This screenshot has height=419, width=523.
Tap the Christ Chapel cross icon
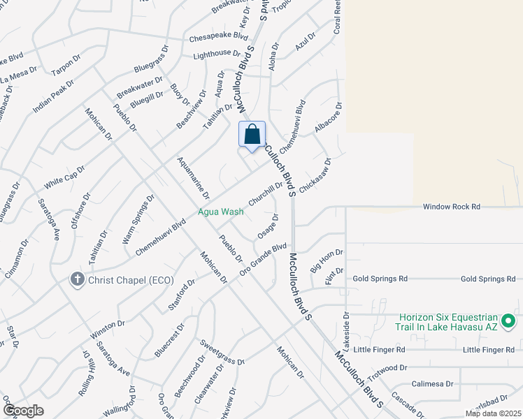(78, 280)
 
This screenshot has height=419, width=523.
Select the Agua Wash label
(220, 211)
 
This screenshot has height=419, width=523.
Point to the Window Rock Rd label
(452, 207)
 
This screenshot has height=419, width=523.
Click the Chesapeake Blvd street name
(219, 36)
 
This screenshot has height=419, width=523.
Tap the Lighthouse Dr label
(217, 54)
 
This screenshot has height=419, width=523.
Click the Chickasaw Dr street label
(315, 175)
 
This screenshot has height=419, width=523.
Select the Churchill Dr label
(266, 193)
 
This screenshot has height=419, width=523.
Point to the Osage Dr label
(268, 227)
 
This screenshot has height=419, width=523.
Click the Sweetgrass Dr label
(222, 353)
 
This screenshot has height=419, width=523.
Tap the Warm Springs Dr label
(138, 219)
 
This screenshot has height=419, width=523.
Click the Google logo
(23, 411)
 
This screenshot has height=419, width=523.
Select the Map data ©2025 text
(493, 413)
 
